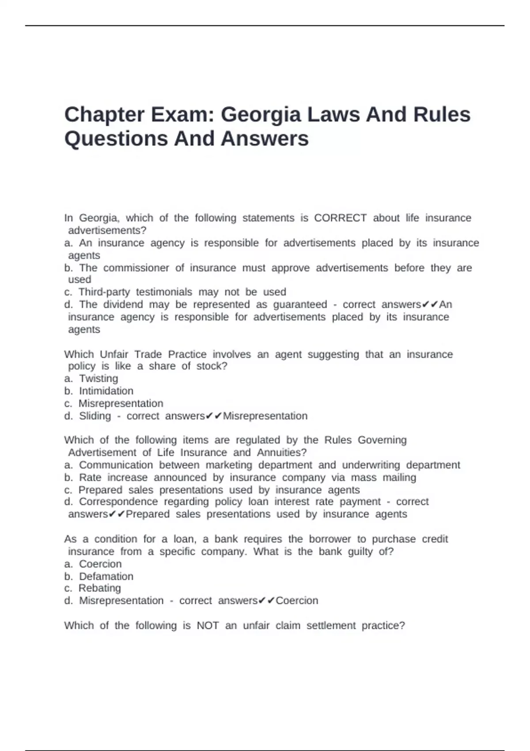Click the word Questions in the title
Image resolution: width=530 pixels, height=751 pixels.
116,139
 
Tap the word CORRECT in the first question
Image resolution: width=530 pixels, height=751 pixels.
340,218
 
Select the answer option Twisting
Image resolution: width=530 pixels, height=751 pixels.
98,379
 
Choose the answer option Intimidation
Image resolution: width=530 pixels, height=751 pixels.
106,391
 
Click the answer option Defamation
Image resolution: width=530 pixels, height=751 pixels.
106,577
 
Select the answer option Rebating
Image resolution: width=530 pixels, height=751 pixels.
99,588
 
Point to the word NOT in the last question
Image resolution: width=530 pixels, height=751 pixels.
208,626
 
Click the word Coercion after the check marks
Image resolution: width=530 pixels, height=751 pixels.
297,601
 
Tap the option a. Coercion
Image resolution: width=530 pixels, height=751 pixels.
100,564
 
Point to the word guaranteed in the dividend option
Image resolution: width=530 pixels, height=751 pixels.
300,305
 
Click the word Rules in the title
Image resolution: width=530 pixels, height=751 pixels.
442,115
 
